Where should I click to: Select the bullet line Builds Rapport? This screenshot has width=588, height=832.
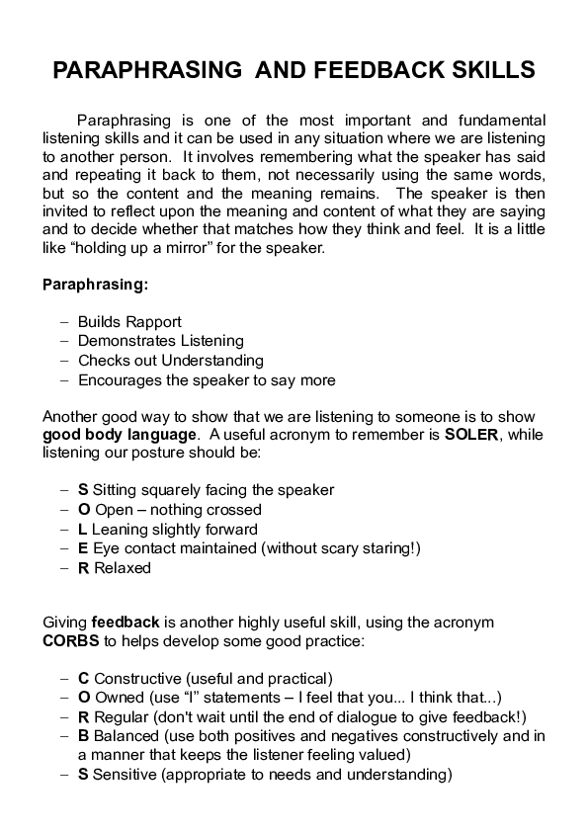[129, 322]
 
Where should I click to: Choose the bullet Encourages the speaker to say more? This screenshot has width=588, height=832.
[207, 379]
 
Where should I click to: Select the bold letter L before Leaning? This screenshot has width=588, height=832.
[83, 530]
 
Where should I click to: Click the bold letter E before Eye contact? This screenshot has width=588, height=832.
[83, 548]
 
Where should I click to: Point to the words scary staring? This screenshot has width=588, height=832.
[369, 548]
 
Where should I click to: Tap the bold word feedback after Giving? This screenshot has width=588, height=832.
[126, 622]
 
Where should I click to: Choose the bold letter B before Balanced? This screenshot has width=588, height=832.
[83, 736]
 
